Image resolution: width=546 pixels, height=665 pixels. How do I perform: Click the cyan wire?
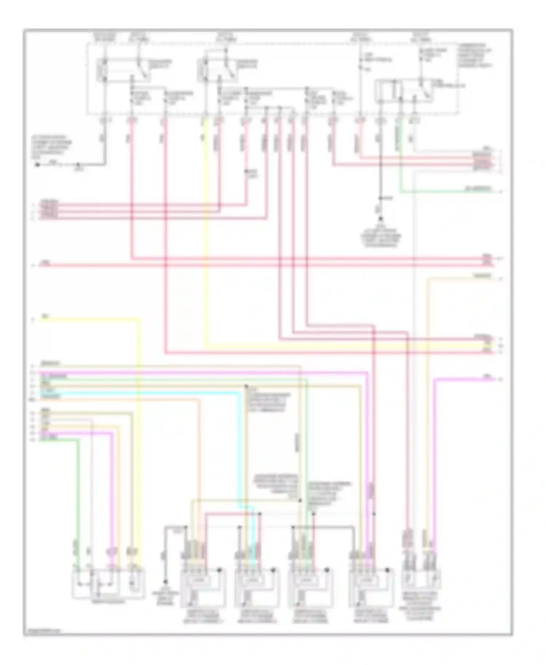[146, 393]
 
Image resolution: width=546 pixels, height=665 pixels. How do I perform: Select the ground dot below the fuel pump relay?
[380, 220]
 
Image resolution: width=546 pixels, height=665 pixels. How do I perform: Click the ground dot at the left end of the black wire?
[37, 165]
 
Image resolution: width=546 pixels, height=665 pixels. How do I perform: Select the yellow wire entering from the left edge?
[91, 319]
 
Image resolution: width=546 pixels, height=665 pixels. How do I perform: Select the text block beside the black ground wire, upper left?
[51, 148]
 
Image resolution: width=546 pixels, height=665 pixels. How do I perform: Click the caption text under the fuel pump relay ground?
[381, 238]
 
